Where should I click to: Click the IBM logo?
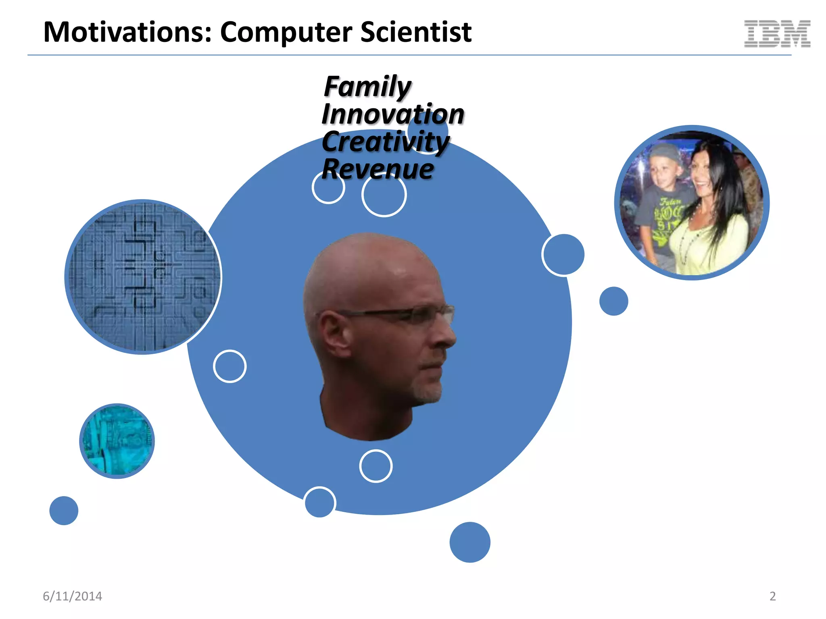pyautogui.click(x=777, y=34)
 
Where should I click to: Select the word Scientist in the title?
pyautogui.click(x=415, y=32)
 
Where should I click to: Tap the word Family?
pyautogui.click(x=367, y=87)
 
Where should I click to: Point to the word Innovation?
pyautogui.click(x=393, y=114)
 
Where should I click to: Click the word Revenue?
pyautogui.click(x=378, y=169)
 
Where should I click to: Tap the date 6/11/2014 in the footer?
pyautogui.click(x=73, y=596)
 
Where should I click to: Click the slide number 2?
pyautogui.click(x=772, y=596)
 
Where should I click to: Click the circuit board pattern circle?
pyautogui.click(x=143, y=277)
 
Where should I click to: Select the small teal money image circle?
pyautogui.click(x=117, y=441)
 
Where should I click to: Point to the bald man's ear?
pyautogui.click(x=333, y=334)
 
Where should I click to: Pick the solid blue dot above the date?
pyautogui.click(x=64, y=510)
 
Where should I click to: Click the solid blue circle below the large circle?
pyautogui.click(x=470, y=542)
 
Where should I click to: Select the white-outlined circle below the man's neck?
pyautogui.click(x=375, y=466)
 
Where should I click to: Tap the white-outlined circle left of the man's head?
pyautogui.click(x=229, y=366)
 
